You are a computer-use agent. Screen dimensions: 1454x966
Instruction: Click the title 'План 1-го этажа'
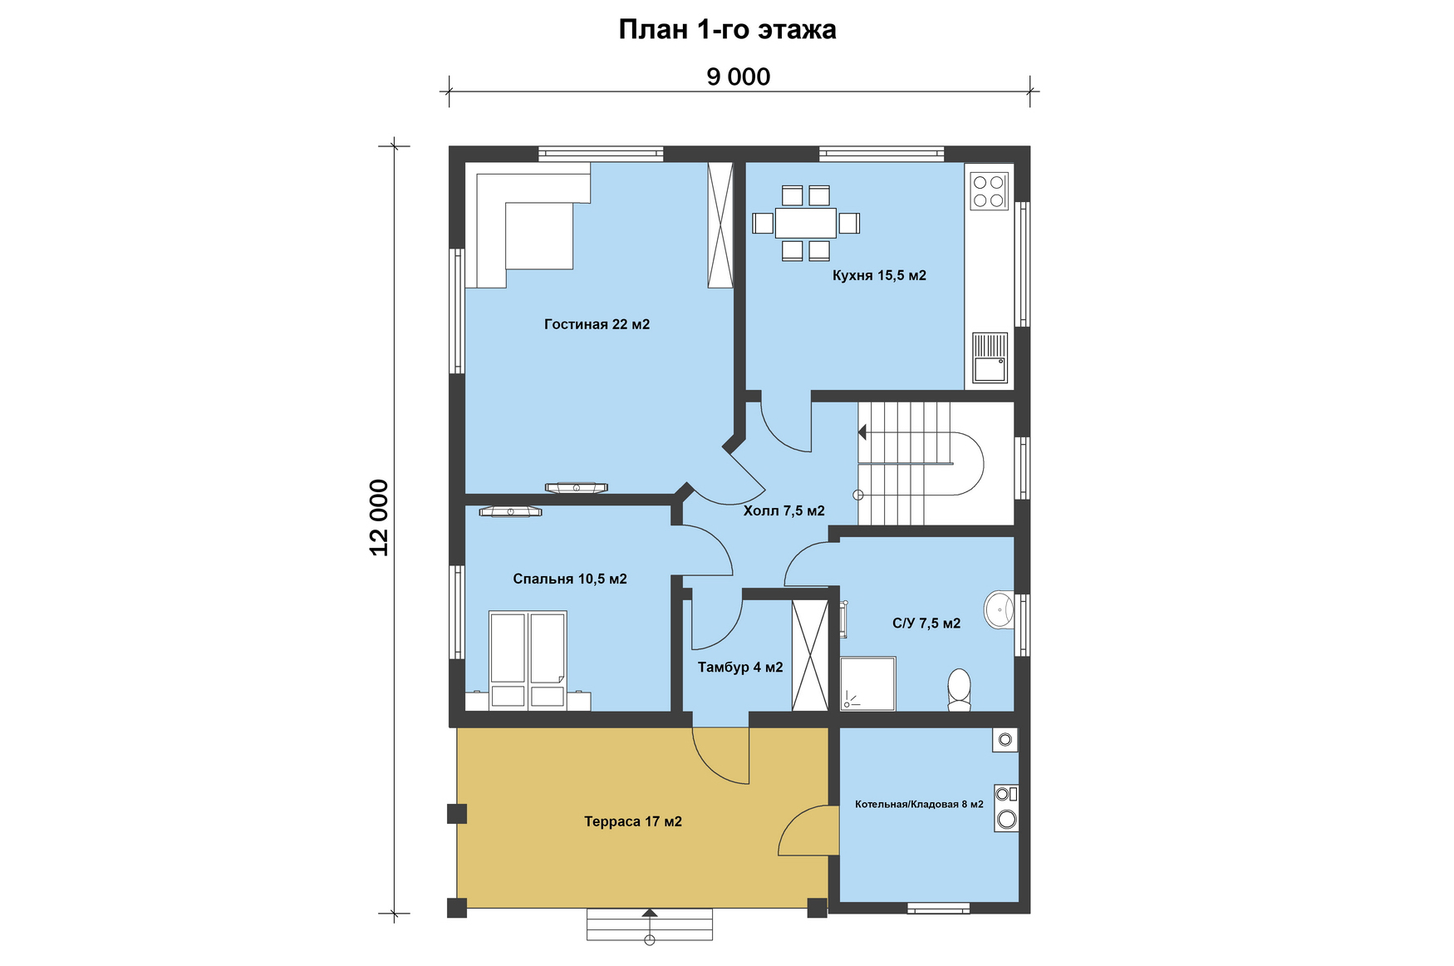(727, 30)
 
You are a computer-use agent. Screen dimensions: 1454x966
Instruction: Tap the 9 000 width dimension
(739, 76)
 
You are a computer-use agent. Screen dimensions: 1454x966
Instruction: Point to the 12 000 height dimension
(379, 517)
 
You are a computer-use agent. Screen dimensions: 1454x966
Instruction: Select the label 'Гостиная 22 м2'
(597, 324)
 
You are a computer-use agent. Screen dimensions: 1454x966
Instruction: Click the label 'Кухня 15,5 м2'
(879, 275)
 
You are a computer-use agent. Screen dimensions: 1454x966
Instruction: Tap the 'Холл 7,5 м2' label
(783, 510)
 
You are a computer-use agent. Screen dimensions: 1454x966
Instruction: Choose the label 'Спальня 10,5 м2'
(570, 579)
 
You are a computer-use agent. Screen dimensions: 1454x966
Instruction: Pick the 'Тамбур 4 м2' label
(740, 667)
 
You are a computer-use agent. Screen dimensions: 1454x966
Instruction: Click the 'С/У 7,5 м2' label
(926, 623)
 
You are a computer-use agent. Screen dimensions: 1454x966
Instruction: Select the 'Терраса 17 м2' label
(633, 821)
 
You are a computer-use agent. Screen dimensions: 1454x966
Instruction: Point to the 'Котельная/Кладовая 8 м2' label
(919, 804)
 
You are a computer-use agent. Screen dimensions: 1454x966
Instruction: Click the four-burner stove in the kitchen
(989, 190)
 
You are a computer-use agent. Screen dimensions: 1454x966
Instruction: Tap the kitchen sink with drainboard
(990, 357)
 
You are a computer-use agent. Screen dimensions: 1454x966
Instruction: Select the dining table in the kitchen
(805, 223)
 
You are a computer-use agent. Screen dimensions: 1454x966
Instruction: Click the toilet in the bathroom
(959, 690)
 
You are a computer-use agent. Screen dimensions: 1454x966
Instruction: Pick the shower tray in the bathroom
(867, 684)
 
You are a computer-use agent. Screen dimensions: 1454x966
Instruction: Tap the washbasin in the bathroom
(1000, 609)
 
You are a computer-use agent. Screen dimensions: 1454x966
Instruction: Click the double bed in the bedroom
(528, 660)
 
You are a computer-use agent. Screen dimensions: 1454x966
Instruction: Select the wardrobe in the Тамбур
(810, 655)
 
